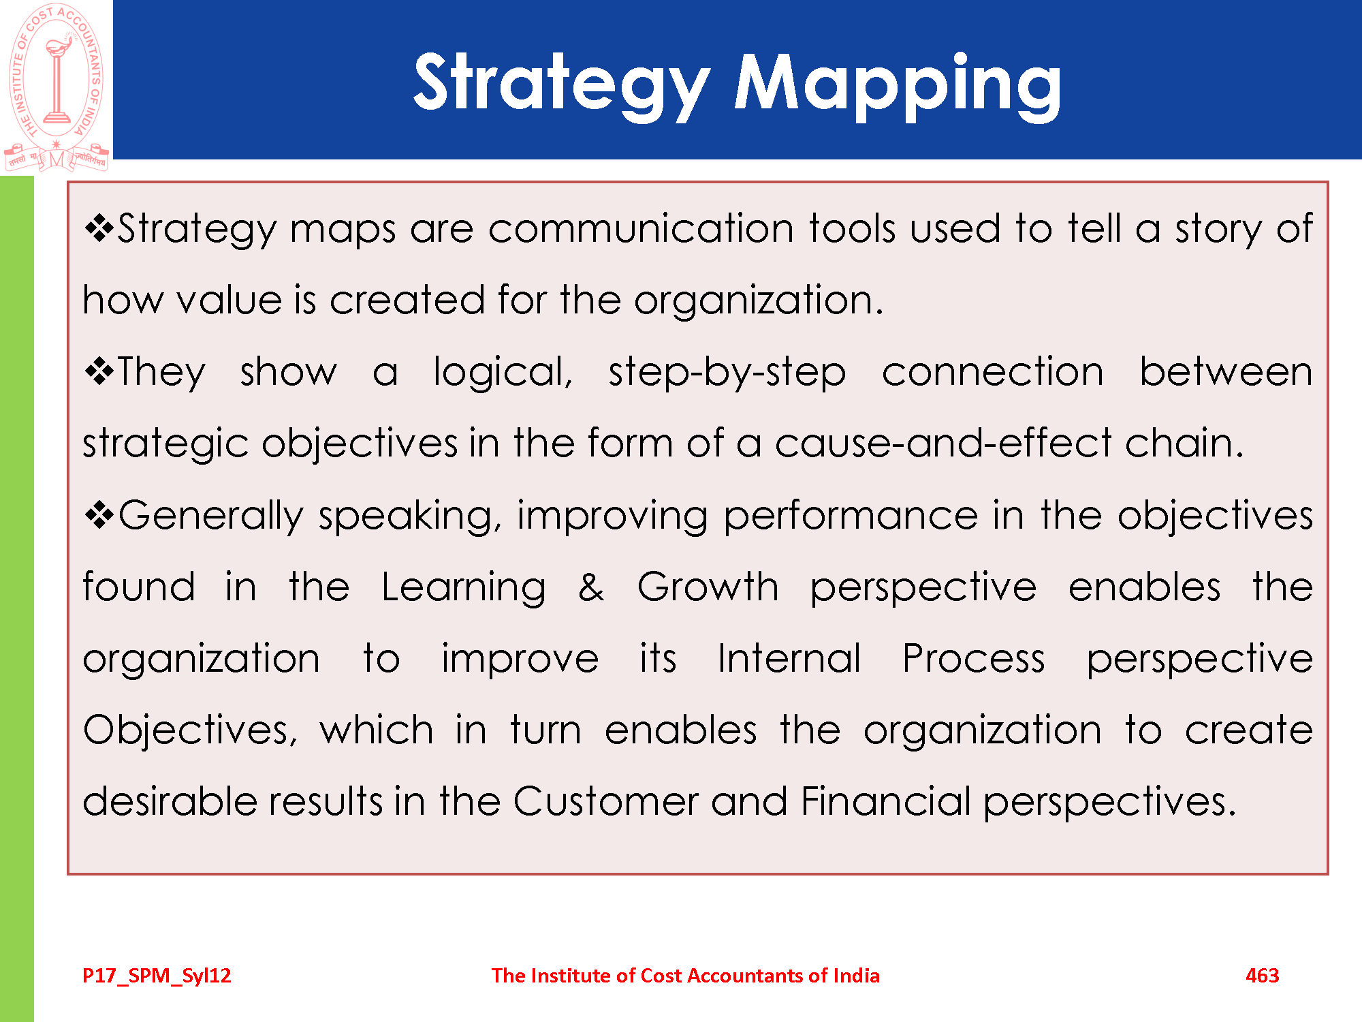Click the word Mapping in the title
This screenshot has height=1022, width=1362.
898,84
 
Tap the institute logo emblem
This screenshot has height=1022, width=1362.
57,87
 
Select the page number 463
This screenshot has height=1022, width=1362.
1262,975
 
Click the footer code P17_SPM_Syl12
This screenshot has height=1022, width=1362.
157,976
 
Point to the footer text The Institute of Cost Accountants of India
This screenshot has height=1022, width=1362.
685,975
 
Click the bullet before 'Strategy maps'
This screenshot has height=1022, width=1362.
99,228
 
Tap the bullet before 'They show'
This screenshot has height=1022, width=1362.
99,371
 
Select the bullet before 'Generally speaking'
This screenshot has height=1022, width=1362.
99,514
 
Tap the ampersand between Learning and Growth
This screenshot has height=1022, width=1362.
591,587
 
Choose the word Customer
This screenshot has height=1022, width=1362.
605,801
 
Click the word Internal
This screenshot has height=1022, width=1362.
789,658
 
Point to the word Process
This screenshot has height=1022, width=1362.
974,658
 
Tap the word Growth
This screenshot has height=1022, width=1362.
708,587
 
